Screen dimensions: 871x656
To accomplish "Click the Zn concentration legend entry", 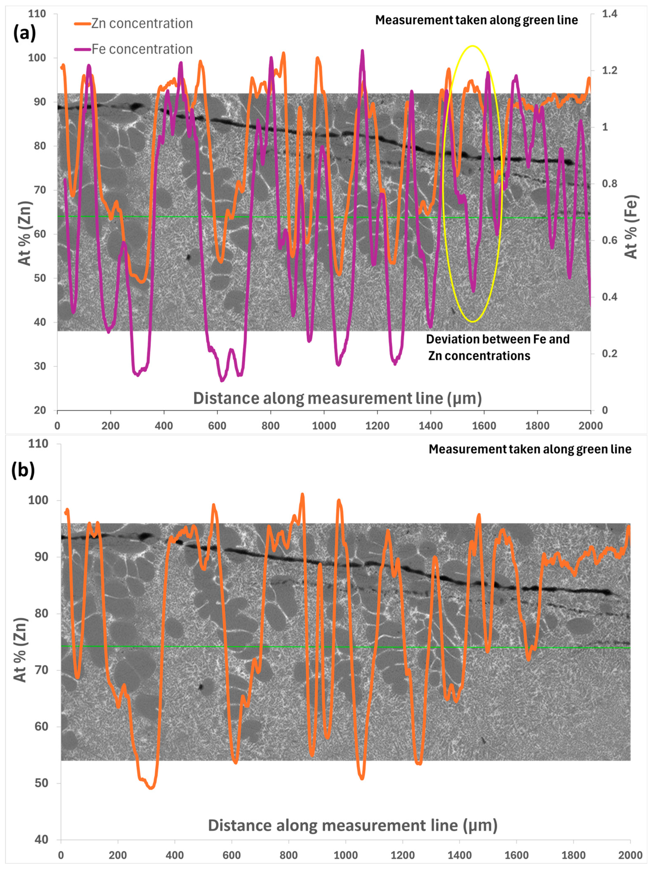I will tap(134, 24).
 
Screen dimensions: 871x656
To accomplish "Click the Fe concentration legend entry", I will tap(134, 49).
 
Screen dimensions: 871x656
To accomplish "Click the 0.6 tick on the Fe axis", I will tap(609, 240).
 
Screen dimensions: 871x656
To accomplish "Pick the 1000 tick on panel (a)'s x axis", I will tap(324, 426).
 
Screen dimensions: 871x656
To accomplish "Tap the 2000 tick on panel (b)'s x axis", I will tap(630, 855).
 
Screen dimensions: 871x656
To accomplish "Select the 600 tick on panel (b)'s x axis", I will tap(232, 855).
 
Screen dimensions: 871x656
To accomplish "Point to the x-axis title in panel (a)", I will tap(337, 398).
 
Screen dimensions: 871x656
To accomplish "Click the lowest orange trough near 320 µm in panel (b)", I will tap(151, 788).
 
